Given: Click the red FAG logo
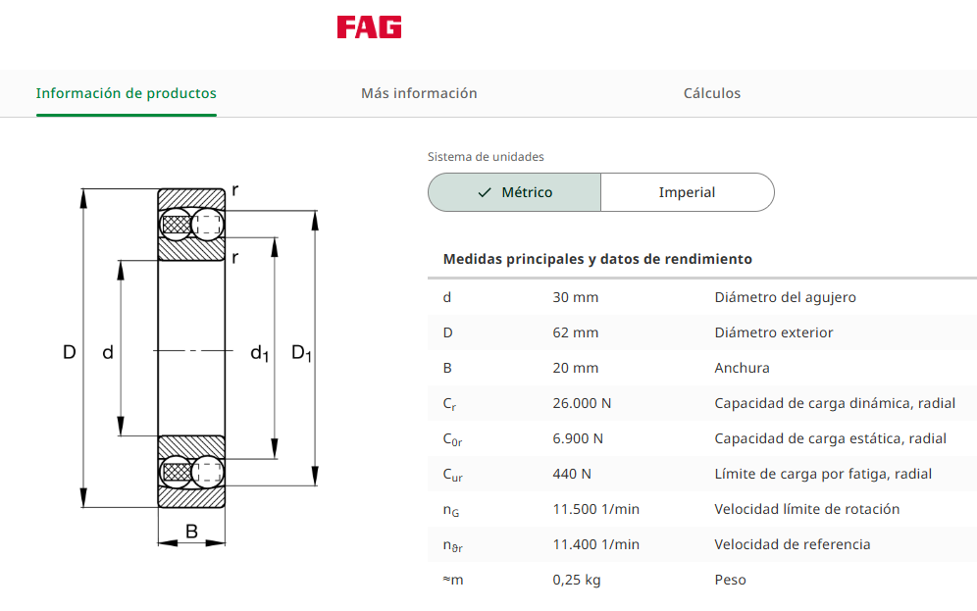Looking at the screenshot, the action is (370, 27).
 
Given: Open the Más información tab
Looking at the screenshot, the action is (419, 93).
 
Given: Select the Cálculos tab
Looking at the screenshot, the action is (712, 93).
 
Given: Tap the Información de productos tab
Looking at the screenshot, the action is (126, 93).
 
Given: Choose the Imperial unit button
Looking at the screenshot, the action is (688, 192).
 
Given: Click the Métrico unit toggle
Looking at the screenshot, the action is (515, 192).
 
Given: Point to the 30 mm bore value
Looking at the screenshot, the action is (575, 298).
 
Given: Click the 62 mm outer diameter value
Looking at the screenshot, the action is (575, 332).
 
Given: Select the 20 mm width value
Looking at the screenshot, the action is (575, 368).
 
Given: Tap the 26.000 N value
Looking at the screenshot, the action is (582, 404).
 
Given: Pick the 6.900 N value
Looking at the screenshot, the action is (578, 438).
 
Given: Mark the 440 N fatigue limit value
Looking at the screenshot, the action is (571, 474).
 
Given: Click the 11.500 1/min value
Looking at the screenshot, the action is (595, 509).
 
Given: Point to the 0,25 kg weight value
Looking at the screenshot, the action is (577, 580).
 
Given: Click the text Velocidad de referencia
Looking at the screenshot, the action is (792, 544).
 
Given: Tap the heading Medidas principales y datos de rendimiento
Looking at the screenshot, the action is (597, 259).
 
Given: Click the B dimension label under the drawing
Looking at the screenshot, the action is (192, 532).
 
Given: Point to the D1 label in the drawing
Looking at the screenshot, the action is (301, 353).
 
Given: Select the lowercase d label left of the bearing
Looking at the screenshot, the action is (108, 352).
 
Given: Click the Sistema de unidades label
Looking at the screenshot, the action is (486, 157).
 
